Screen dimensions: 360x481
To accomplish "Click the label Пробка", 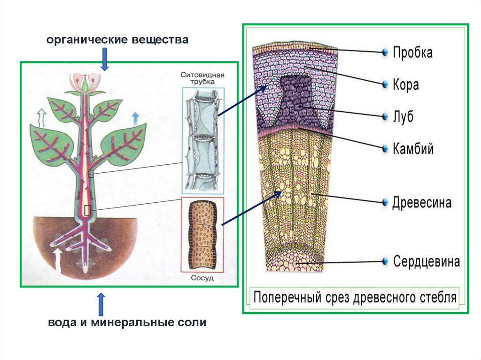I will pyautogui.click(x=412, y=52).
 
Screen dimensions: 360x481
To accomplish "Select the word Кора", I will pyautogui.click(x=405, y=85).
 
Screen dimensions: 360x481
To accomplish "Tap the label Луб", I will pyautogui.click(x=403, y=116).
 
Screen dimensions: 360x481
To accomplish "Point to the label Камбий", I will pyautogui.click(x=413, y=149).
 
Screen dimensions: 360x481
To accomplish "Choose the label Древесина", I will pyautogui.click(x=422, y=203).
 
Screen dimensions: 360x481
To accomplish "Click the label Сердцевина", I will pyautogui.click(x=426, y=261).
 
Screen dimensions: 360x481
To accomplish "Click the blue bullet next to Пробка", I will pyautogui.click(x=385, y=52).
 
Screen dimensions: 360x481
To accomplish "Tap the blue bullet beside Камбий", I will pyautogui.click(x=385, y=149).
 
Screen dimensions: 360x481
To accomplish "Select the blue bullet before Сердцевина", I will pyautogui.click(x=385, y=261).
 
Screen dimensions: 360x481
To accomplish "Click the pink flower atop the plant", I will pyautogui.click(x=85, y=83).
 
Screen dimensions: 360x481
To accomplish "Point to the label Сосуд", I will pyautogui.click(x=202, y=277).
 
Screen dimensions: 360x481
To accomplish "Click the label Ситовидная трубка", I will pyautogui.click(x=202, y=78).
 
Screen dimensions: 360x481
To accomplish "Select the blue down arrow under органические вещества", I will pyautogui.click(x=104, y=59).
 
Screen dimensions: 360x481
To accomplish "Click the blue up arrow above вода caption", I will pyautogui.click(x=101, y=305).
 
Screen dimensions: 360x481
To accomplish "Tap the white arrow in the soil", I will pyautogui.click(x=58, y=259).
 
